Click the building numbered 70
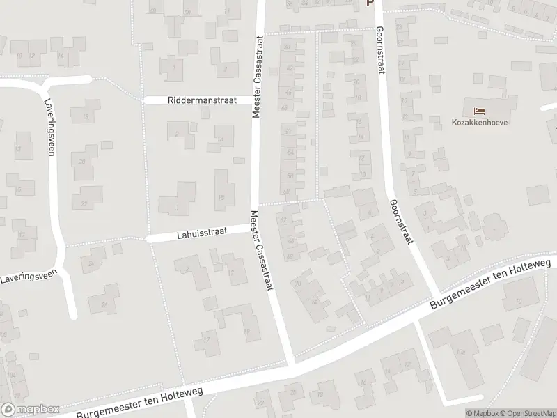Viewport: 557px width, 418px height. [x=298, y=284]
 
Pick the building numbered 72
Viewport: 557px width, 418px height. [x=315, y=301]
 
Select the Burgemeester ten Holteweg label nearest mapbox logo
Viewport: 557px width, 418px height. [x=139, y=402]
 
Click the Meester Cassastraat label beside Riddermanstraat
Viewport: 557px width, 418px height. [x=257, y=77]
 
